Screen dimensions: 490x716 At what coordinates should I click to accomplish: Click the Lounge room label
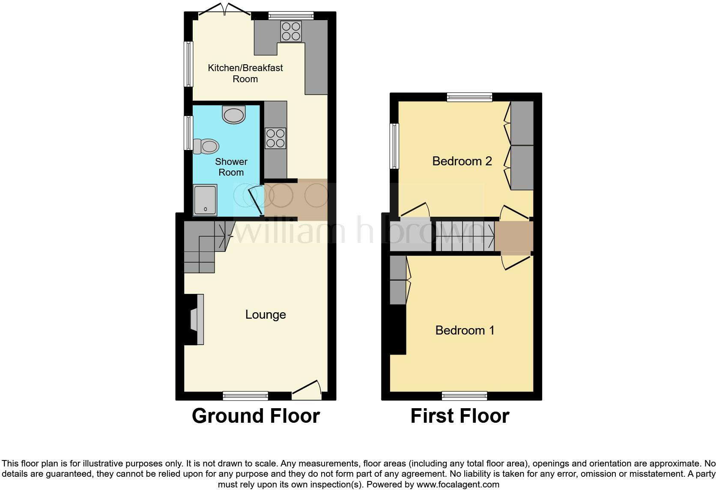coord(266,315)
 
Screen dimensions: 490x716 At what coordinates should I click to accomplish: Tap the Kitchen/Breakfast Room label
coord(245,73)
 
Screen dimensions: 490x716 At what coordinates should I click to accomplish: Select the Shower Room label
coord(231,167)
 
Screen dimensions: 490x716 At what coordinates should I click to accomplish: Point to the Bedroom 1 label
coord(465,330)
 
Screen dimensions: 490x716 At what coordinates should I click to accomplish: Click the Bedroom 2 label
coord(462,161)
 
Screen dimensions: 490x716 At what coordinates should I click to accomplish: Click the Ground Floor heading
coord(256,416)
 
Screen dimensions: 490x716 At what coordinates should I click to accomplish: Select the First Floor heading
coord(459,416)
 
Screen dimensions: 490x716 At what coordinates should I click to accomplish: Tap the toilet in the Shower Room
coord(206,146)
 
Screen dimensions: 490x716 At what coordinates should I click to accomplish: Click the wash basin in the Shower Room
coord(234,115)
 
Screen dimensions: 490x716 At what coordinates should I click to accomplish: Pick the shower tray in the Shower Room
coord(205,200)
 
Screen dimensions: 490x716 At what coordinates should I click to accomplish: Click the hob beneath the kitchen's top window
coord(291,31)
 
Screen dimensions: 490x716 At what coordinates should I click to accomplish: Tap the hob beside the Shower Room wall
coord(275,138)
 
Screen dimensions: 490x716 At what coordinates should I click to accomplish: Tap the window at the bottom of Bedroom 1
coord(465,395)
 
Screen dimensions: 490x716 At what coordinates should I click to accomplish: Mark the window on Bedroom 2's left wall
coord(394,146)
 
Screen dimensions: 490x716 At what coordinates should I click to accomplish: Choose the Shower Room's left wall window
coord(188,133)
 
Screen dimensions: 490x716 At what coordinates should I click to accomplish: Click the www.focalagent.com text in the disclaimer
coord(458,485)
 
